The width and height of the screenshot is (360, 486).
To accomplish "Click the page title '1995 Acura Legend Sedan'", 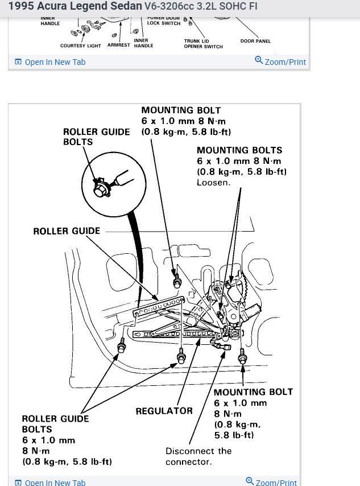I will tap(75, 7).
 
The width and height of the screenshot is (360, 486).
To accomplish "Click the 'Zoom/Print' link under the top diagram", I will tap(285, 61).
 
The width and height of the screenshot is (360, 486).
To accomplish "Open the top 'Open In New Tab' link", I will tap(55, 62).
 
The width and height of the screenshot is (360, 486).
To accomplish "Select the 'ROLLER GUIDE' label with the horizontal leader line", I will tap(67, 231).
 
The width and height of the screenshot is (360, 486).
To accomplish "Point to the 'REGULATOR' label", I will tap(164, 411).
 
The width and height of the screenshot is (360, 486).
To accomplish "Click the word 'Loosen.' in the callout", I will tap(213, 183).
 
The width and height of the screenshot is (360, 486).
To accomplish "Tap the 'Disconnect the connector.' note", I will tap(198, 456).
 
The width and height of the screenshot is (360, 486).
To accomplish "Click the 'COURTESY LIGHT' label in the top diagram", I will tap(81, 46).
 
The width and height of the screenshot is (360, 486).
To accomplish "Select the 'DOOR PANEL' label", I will tap(255, 41).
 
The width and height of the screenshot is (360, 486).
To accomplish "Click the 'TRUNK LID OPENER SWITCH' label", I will tap(203, 44).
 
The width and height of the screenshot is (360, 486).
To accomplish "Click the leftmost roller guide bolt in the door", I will tap(121, 345).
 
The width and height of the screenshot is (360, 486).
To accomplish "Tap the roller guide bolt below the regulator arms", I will tap(181, 357).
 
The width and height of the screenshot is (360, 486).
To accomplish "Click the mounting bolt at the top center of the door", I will tap(177, 281).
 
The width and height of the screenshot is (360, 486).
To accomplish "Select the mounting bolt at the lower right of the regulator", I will tap(242, 357).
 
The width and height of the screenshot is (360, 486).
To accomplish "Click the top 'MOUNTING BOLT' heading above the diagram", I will tap(181, 110).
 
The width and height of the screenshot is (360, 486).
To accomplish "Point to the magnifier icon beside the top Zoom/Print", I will tap(259, 60).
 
